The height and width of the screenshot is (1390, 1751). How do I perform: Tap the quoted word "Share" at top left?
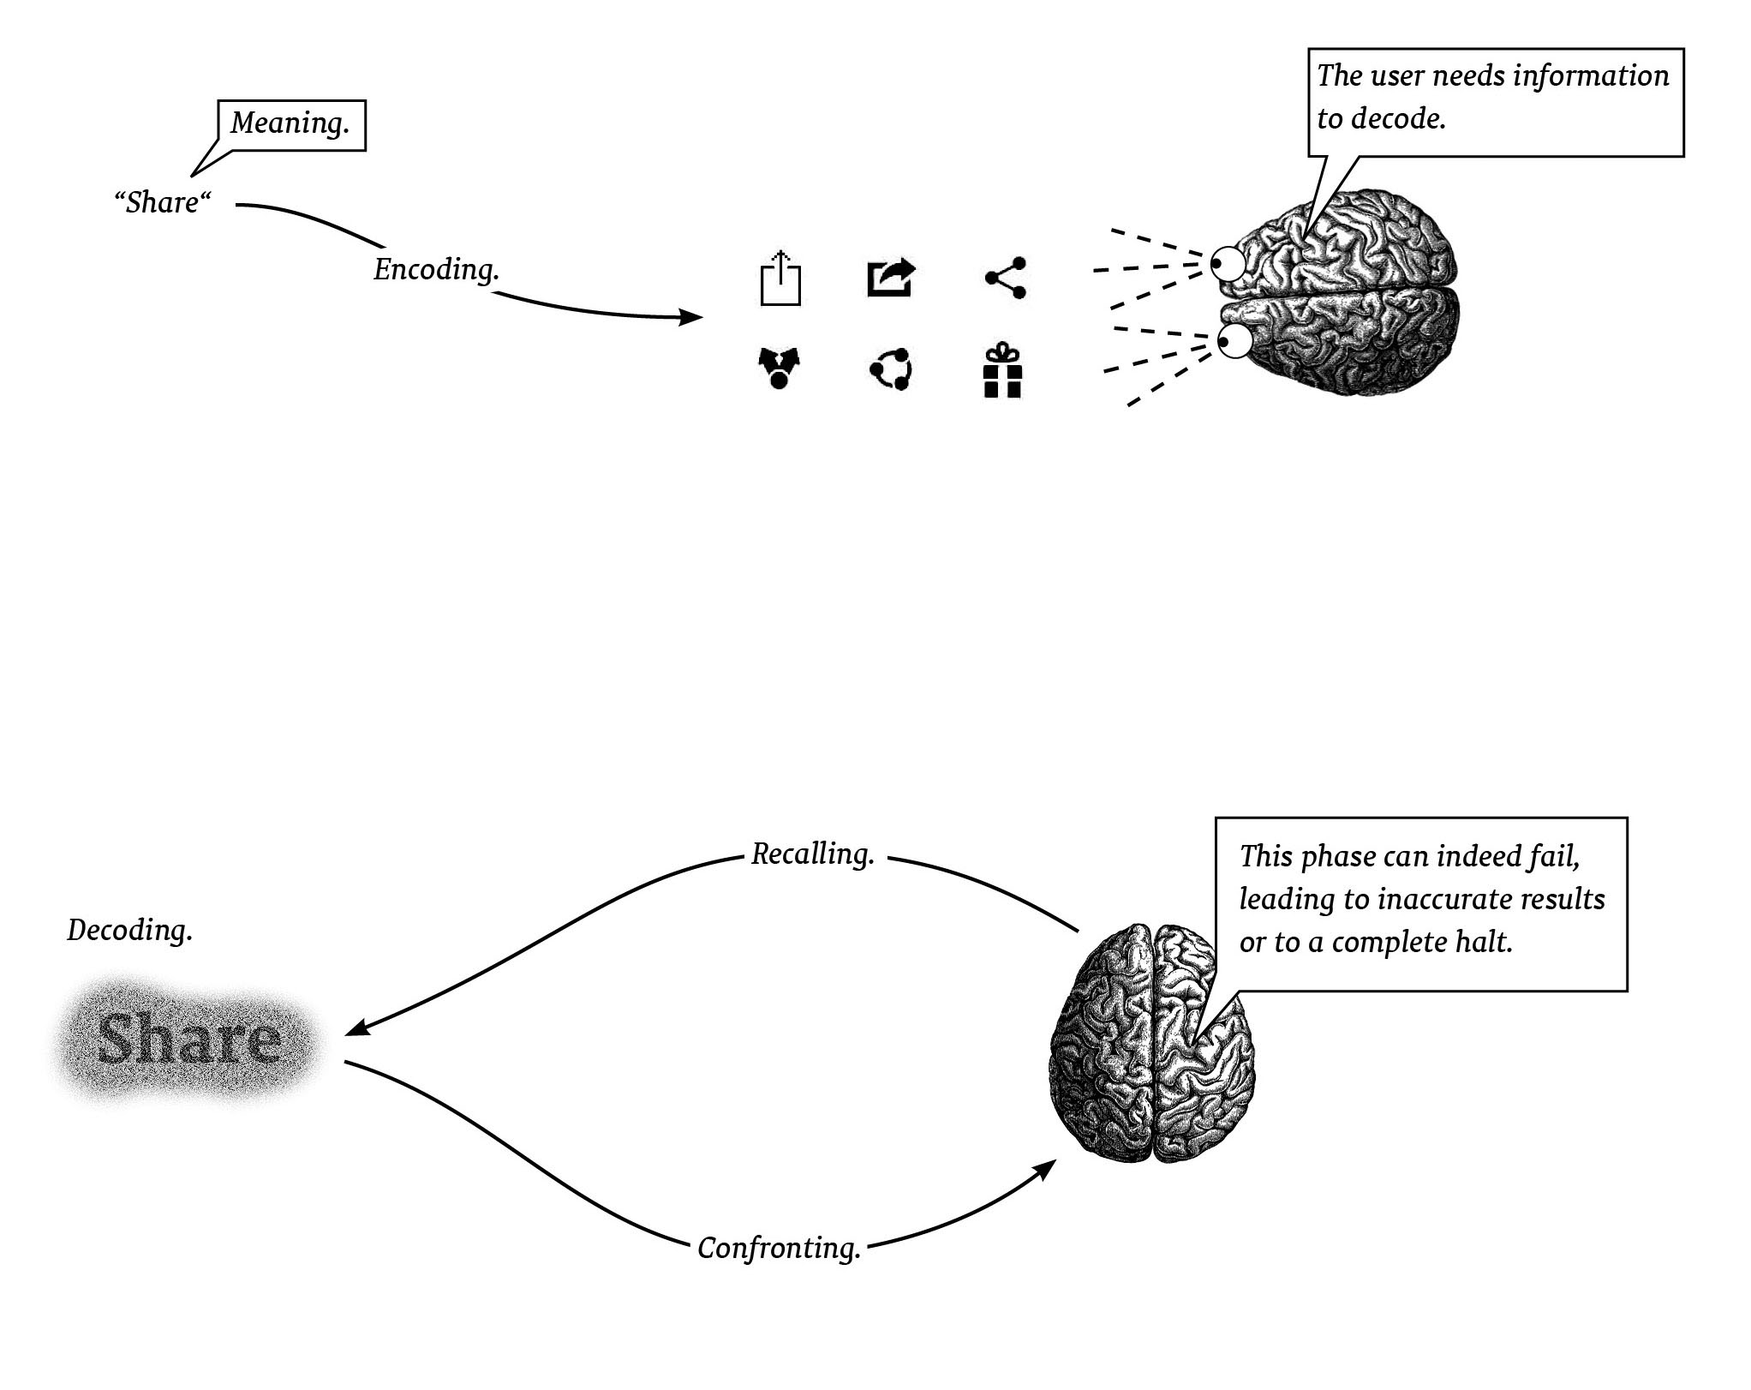tap(163, 203)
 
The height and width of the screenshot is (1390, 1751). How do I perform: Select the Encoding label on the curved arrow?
tap(436, 270)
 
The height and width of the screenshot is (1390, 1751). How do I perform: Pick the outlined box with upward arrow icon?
tap(780, 279)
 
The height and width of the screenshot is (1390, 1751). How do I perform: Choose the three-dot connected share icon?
tap(1006, 278)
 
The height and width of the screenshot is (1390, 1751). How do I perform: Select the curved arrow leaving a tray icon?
tap(891, 278)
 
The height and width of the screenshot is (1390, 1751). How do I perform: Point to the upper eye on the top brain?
tap(1228, 263)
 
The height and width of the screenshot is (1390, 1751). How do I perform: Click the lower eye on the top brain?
tap(1234, 341)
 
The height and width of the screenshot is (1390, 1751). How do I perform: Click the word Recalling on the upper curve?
tap(812, 854)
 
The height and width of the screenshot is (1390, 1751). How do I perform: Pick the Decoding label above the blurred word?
tap(130, 931)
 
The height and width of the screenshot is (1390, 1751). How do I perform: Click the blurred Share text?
tap(189, 1039)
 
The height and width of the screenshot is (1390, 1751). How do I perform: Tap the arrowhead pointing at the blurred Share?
tap(354, 1029)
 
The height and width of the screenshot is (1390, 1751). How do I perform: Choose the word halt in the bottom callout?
tap(1483, 943)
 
